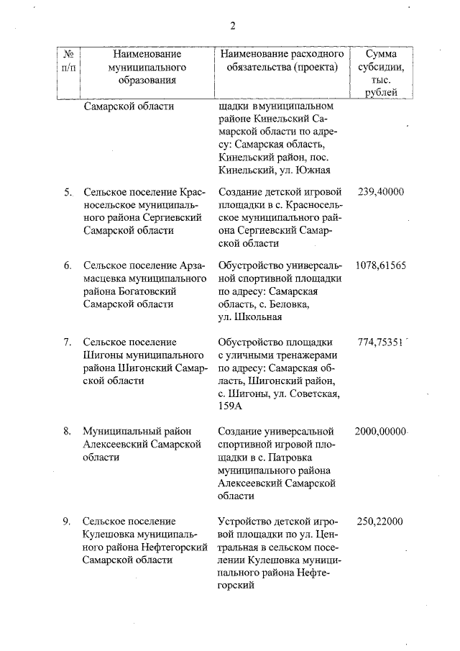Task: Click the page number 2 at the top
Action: pyautogui.click(x=232, y=27)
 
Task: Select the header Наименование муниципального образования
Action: pyautogui.click(x=141, y=67)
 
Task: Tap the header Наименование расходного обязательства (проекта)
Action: pyautogui.click(x=282, y=60)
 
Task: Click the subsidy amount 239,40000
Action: pyautogui.click(x=380, y=192)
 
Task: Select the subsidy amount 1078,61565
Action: pyautogui.click(x=380, y=265)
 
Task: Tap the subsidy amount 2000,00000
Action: pyautogui.click(x=381, y=431)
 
